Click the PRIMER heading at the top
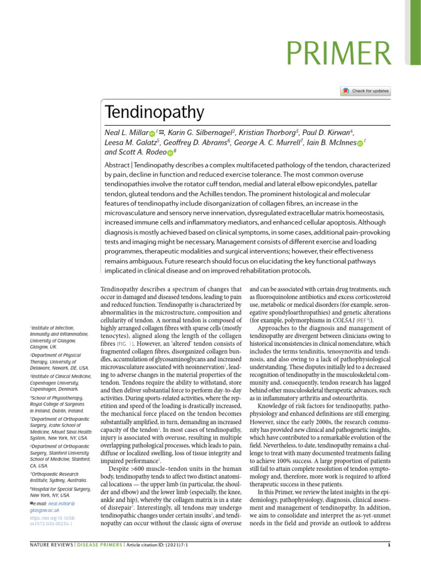point(340,55)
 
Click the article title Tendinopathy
point(154,114)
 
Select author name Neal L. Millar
point(126,133)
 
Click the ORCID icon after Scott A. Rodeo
point(170,152)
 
